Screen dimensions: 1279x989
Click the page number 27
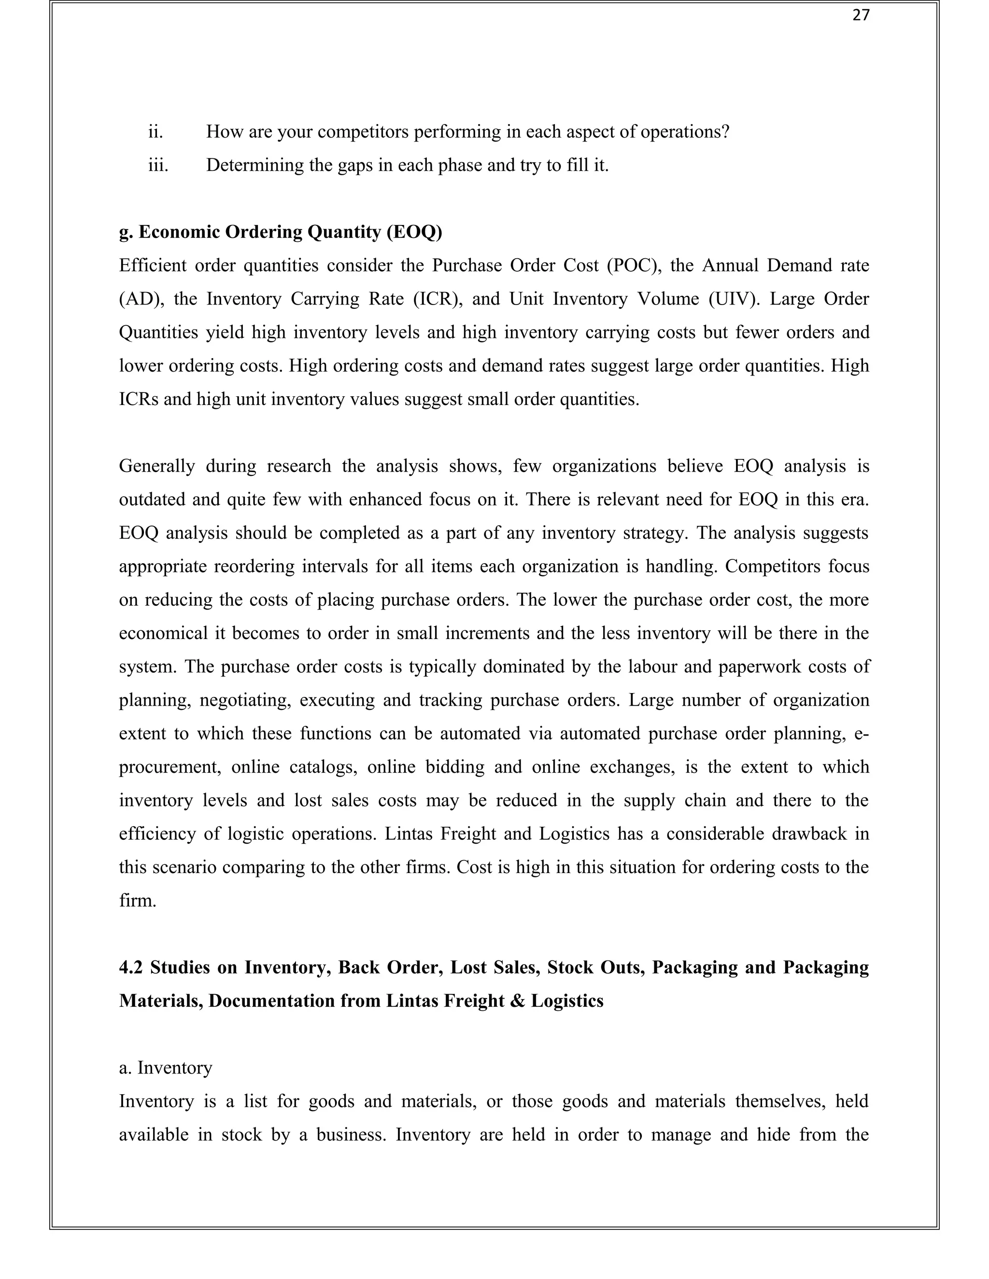[x=861, y=16]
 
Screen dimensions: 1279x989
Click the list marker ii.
[x=155, y=132]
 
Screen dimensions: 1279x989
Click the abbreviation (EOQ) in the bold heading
[x=414, y=233]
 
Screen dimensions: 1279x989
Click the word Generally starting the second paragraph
[x=156, y=466]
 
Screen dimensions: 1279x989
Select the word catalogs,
[x=323, y=766]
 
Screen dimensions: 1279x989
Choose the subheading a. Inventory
[x=165, y=1068]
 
